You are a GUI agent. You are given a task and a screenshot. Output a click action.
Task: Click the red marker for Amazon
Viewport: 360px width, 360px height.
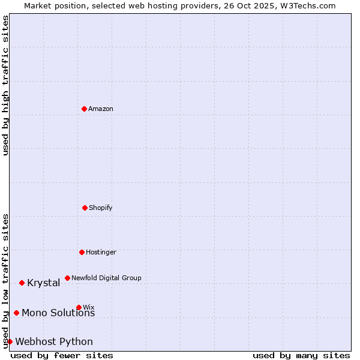point(84,109)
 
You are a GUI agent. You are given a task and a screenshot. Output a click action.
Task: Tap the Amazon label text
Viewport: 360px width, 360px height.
point(101,109)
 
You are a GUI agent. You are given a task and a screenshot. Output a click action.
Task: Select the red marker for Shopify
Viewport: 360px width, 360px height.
point(85,208)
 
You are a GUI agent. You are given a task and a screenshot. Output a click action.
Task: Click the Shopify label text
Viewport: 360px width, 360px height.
point(101,208)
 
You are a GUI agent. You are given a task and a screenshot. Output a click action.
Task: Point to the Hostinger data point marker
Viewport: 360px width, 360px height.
point(82,252)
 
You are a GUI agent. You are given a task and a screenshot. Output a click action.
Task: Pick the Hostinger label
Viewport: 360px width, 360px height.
point(101,253)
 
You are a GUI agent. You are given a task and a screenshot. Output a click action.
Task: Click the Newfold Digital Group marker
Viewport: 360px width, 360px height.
point(67,278)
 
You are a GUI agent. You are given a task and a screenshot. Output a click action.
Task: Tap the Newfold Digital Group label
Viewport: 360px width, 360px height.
point(106,278)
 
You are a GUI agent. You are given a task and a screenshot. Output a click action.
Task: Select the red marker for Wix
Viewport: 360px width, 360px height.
point(79,307)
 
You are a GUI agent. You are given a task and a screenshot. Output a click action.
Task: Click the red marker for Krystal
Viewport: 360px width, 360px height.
point(22,283)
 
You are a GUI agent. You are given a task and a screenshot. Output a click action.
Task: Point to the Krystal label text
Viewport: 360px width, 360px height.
point(43,283)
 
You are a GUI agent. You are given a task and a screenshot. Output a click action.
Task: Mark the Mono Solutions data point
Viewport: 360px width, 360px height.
point(16,313)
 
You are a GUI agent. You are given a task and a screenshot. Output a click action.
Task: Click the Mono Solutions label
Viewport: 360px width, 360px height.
point(58,313)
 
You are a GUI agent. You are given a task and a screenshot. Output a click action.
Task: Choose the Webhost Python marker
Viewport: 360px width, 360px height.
point(10,341)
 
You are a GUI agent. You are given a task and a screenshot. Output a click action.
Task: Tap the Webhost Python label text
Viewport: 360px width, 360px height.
point(54,342)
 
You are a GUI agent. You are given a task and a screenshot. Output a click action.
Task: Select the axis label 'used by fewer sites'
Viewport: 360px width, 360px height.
point(62,355)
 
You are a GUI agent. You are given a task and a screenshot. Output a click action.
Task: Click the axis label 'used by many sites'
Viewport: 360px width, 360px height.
point(301,355)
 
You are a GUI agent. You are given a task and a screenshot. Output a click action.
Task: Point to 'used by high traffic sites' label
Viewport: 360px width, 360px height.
point(5,85)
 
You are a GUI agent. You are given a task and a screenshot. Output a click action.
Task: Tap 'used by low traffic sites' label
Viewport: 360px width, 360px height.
point(5,280)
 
